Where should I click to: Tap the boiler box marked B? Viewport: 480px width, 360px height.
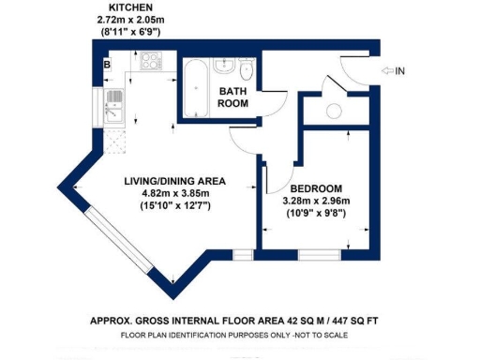107,65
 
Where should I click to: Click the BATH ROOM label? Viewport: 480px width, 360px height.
232,97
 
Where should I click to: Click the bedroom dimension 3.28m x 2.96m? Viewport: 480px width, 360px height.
316,201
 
